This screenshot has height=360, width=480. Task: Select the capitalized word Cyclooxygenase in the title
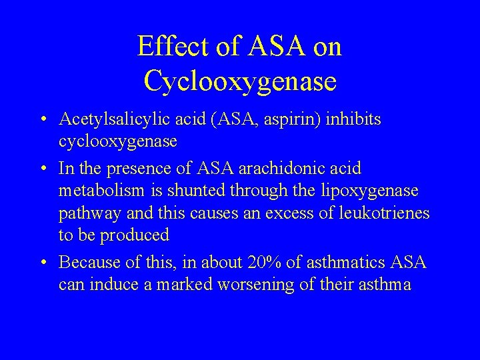point(240,81)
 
